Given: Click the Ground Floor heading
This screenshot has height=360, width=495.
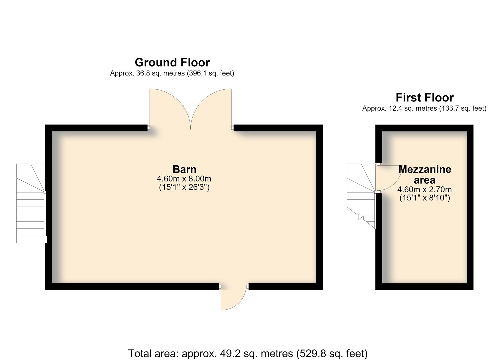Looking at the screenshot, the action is coord(172,63).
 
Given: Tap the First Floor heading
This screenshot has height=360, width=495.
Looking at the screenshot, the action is coord(425,98).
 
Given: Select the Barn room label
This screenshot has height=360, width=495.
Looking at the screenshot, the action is coord(184,170).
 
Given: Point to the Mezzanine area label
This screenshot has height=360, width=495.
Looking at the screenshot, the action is coord(425,175).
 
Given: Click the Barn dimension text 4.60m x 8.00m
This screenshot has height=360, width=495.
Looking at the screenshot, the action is coord(184,179).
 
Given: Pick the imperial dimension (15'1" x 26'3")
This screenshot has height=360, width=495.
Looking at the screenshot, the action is coord(184,187).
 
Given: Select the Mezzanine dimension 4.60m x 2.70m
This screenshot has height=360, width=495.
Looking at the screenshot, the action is coord(425,190).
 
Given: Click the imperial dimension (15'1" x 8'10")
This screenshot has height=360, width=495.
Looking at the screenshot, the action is coord(425,198).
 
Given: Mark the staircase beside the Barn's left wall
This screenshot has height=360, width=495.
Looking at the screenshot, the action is coord(31,203).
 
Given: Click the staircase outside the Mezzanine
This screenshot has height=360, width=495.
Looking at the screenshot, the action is coord(361,196).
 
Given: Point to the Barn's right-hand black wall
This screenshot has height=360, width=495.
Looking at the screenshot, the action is coord(320,207).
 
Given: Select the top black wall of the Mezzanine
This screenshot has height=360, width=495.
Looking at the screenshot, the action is coord(424,128).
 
